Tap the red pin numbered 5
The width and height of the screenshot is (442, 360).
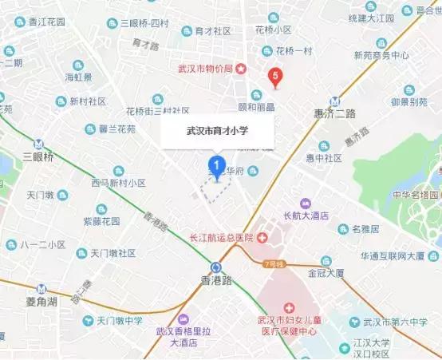[276, 77]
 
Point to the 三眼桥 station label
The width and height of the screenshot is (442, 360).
[38, 157]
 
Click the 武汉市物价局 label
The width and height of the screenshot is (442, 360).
[205, 69]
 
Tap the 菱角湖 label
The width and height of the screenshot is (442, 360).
[35, 302]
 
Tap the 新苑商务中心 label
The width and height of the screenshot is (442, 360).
[382, 56]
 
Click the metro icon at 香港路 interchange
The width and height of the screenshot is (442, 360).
[217, 268]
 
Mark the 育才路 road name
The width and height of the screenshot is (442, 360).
[147, 47]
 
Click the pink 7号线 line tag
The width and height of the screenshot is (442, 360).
[274, 263]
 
